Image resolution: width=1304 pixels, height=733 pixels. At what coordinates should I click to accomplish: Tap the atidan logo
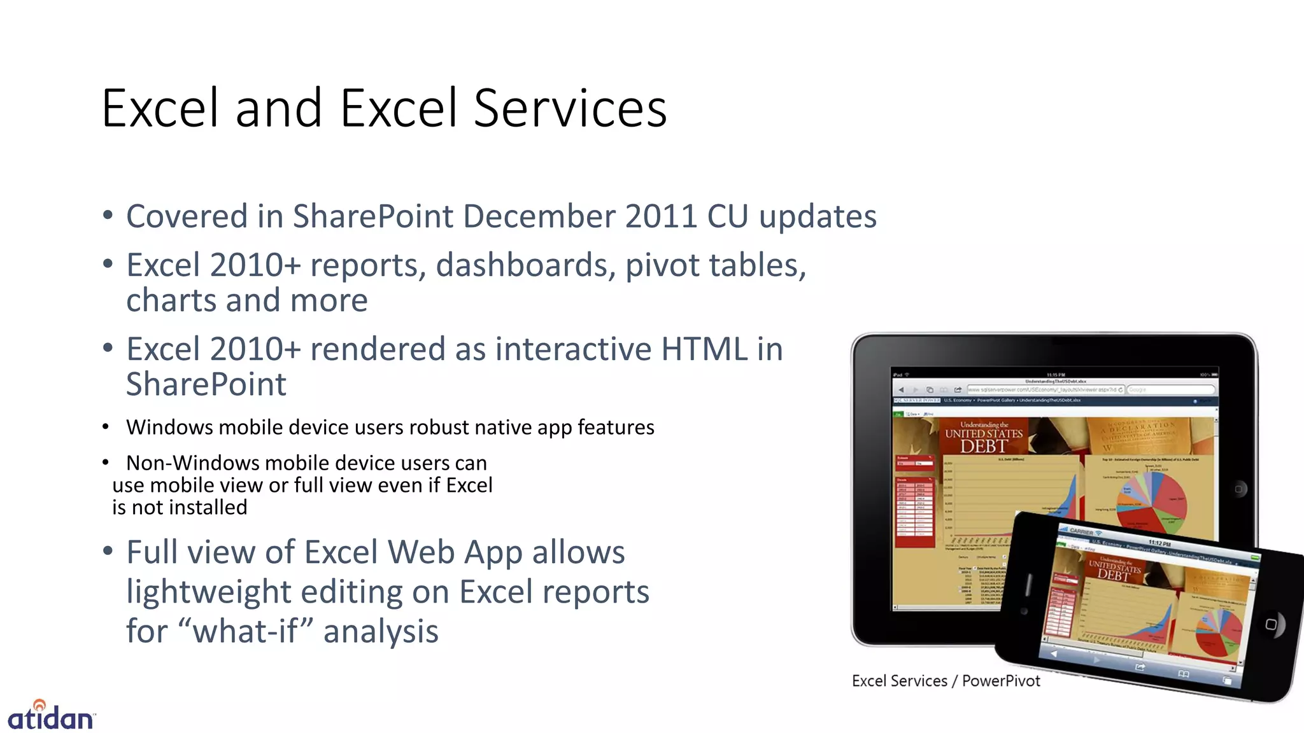(51, 716)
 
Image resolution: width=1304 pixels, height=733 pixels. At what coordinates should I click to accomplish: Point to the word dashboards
(525, 265)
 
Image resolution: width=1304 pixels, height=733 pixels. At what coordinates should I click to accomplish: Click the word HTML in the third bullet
(704, 349)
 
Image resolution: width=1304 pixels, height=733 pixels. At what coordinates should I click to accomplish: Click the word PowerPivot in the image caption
(1001, 681)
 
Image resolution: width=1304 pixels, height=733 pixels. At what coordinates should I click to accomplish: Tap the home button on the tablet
(1238, 489)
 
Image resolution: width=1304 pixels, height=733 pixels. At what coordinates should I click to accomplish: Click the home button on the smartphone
(1271, 624)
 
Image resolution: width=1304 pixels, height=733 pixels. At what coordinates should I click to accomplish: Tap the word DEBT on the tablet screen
(983, 446)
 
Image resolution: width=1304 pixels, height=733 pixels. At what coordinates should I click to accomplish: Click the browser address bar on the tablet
(1044, 389)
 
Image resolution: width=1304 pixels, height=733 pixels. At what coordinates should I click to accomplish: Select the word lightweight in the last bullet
(208, 592)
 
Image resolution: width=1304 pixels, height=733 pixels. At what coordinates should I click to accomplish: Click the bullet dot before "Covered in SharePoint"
(108, 215)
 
